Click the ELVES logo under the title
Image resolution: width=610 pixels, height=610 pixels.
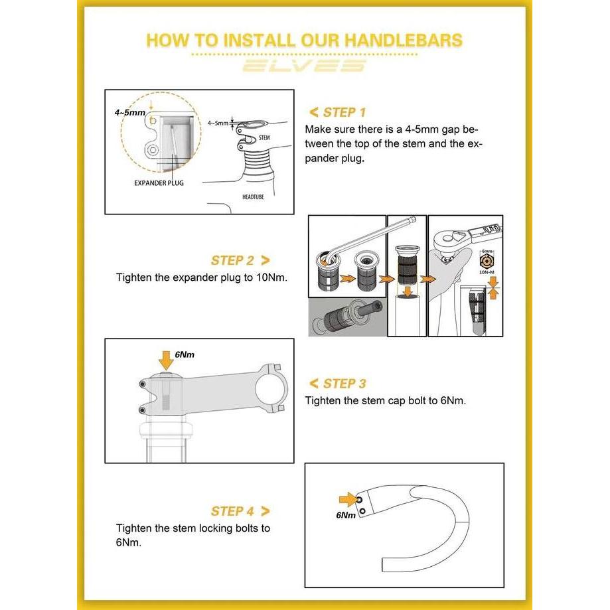point(304,66)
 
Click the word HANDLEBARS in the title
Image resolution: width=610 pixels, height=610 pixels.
point(404,40)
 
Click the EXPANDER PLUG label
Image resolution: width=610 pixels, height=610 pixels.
point(159,183)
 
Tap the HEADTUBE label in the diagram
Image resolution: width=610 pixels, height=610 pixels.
point(253,197)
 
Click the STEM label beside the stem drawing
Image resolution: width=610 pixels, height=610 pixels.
point(264,137)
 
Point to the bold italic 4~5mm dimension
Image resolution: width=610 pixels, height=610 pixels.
point(129,113)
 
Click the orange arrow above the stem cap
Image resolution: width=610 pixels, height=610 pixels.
point(166,360)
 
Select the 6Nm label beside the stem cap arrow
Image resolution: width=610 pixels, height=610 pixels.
point(185,354)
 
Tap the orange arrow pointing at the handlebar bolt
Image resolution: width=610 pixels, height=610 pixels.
point(348,499)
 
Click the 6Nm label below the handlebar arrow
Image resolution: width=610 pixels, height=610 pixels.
point(346,515)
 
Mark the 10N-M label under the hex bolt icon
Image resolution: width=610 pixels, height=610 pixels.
point(487,272)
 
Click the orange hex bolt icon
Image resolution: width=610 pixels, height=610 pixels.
point(487,261)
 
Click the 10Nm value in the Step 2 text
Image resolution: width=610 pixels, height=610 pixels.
point(270,277)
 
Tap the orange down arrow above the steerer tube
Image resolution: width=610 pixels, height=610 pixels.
point(408,291)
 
